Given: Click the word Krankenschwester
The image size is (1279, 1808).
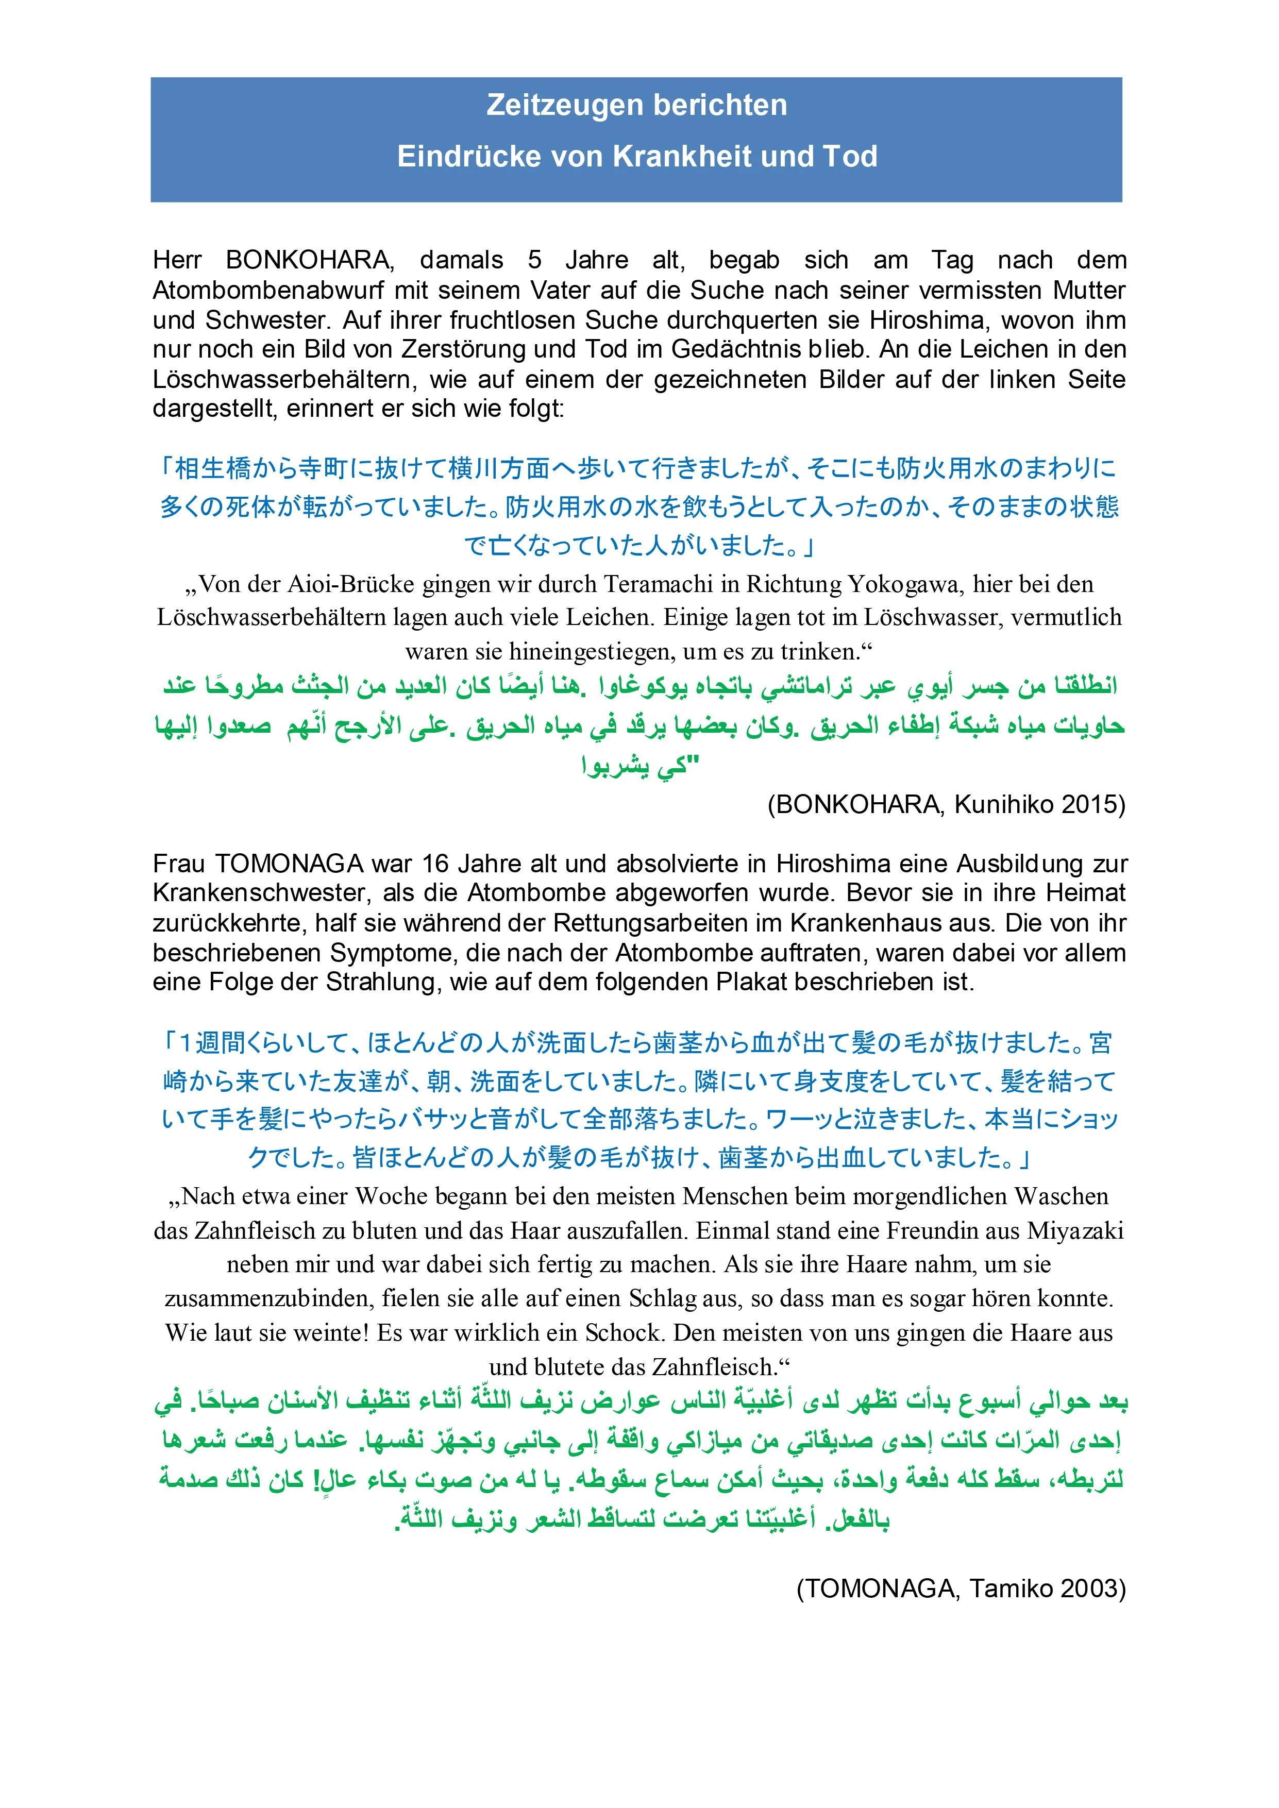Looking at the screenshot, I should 260,894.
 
